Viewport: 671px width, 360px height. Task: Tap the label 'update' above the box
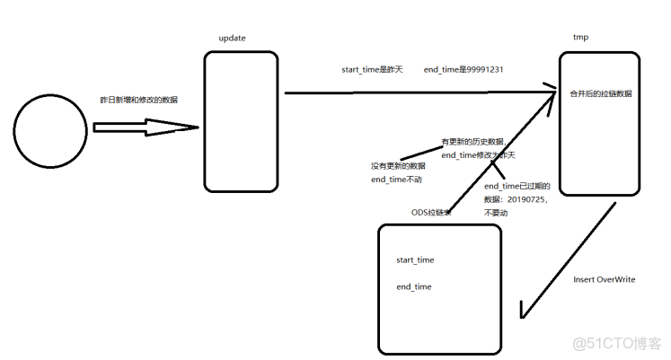[x=233, y=38]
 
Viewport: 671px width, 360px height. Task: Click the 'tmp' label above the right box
[x=580, y=38]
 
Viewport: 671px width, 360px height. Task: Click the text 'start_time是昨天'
[x=373, y=68]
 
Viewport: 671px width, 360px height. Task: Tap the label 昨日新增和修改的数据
[x=138, y=100]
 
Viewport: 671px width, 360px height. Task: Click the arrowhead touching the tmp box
[x=549, y=88]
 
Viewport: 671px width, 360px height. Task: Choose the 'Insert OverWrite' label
[x=604, y=279]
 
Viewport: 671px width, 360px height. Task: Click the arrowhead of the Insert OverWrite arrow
[x=525, y=313]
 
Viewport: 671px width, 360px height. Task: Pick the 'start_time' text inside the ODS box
[x=415, y=260]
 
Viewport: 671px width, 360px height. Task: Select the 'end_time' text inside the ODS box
[x=414, y=287]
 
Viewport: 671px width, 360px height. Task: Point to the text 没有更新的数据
[x=398, y=166]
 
